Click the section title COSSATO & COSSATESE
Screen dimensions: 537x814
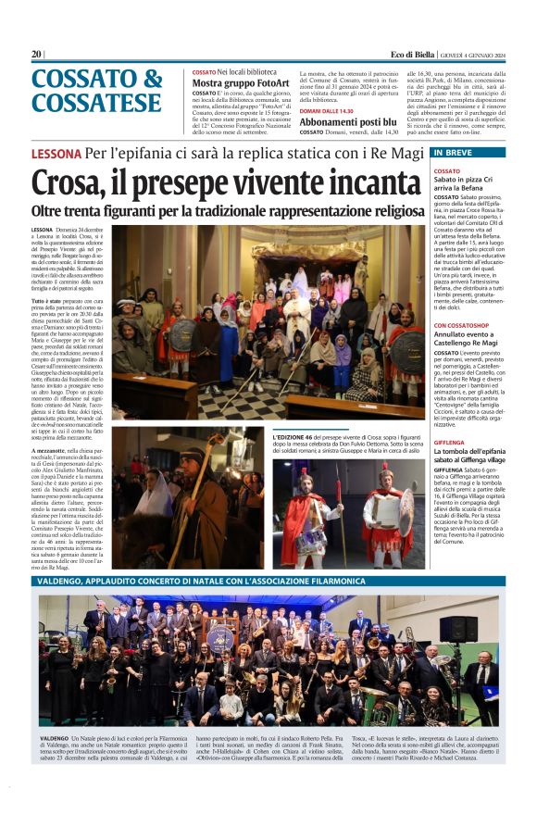coord(97,90)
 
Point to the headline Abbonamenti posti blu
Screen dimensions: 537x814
coord(345,122)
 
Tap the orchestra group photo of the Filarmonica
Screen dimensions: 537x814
coord(268,660)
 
